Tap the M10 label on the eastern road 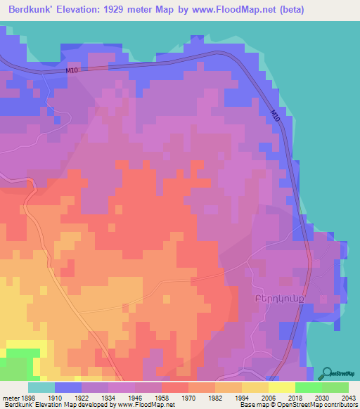275,117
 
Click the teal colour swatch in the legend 41,387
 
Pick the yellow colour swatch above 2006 255,387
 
